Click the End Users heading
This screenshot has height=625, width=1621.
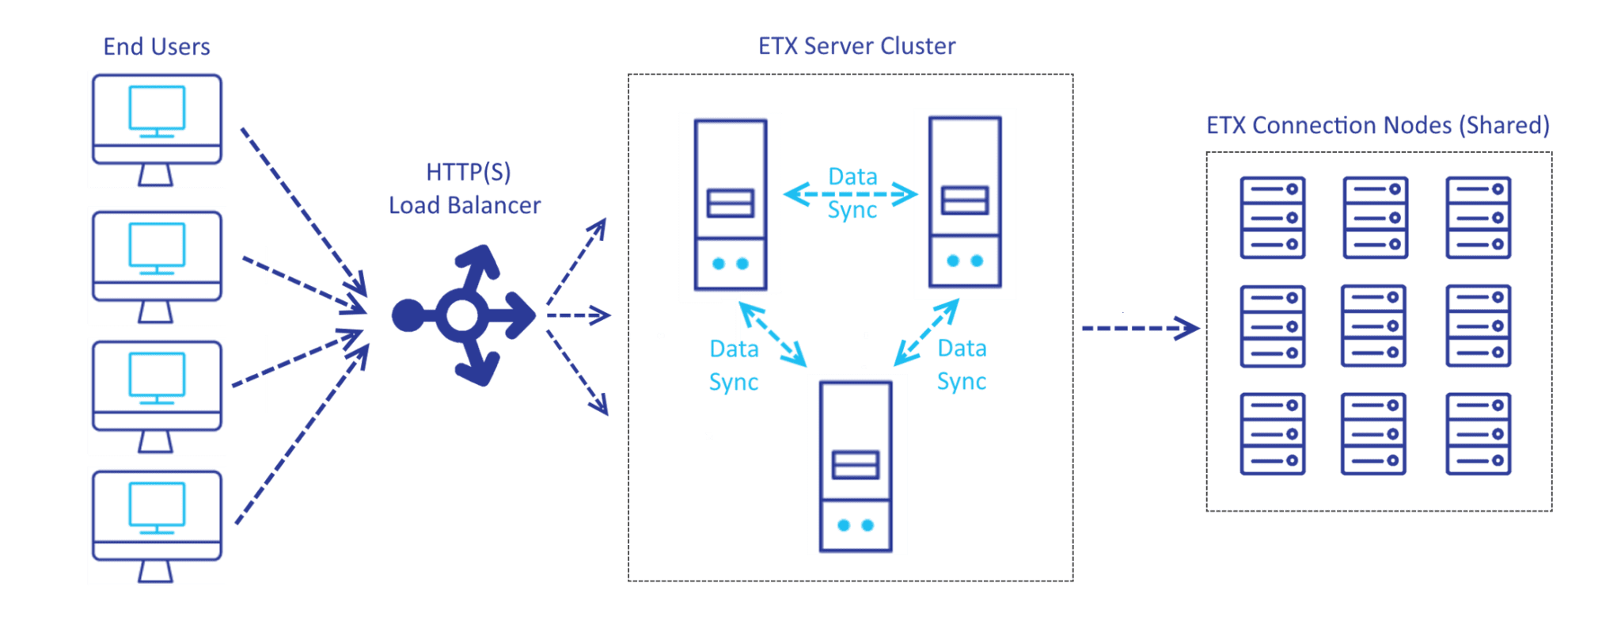tap(157, 47)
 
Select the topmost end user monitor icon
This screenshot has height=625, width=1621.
tap(157, 129)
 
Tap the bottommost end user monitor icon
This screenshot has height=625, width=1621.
tap(157, 525)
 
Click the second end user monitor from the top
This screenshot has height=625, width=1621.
tap(157, 265)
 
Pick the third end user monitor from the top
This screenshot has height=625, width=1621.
tap(157, 396)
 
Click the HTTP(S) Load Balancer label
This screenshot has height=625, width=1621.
tap(465, 189)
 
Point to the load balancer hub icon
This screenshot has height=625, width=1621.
tap(463, 315)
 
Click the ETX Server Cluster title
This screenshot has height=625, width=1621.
tap(856, 46)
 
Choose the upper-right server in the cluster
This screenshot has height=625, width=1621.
tap(964, 204)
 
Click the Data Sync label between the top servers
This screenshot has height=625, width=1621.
tap(852, 193)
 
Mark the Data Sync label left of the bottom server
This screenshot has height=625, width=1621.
tap(734, 365)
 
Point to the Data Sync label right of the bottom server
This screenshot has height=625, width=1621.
tap(961, 364)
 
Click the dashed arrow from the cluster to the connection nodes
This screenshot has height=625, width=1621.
tap(1140, 327)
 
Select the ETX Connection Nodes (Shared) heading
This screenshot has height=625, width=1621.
tap(1377, 125)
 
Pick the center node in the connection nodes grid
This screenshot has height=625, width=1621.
tap(1373, 326)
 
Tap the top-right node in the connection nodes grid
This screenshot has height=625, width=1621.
tap(1478, 217)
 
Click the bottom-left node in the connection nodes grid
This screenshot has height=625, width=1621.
tap(1272, 434)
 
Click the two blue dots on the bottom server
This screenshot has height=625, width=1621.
tap(855, 525)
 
